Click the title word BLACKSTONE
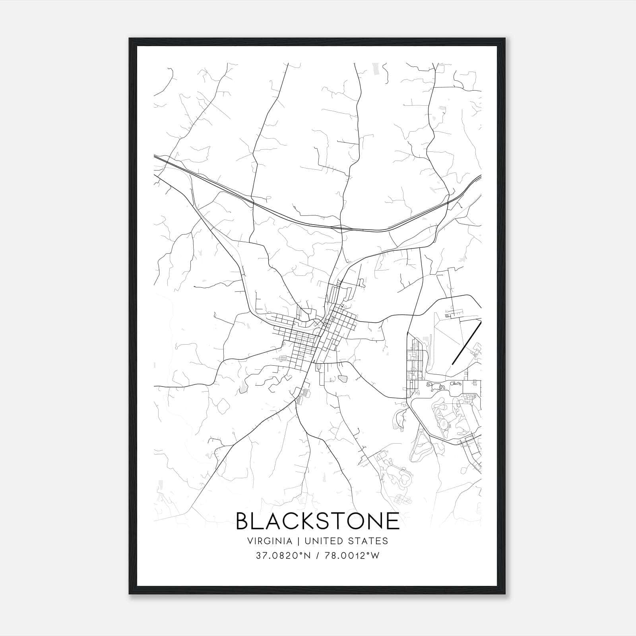pos(318,521)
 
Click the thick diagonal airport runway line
pos(467,342)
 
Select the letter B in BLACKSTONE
pos(244,521)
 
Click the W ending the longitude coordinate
pos(376,556)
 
